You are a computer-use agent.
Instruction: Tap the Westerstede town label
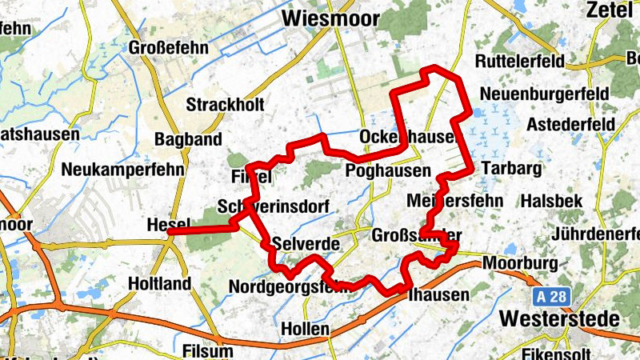559,318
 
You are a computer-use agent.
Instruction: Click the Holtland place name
159,283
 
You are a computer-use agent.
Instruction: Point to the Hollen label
305,329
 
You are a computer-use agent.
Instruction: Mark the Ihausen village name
438,294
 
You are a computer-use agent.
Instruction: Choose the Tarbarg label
512,169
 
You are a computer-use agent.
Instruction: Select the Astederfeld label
570,125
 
